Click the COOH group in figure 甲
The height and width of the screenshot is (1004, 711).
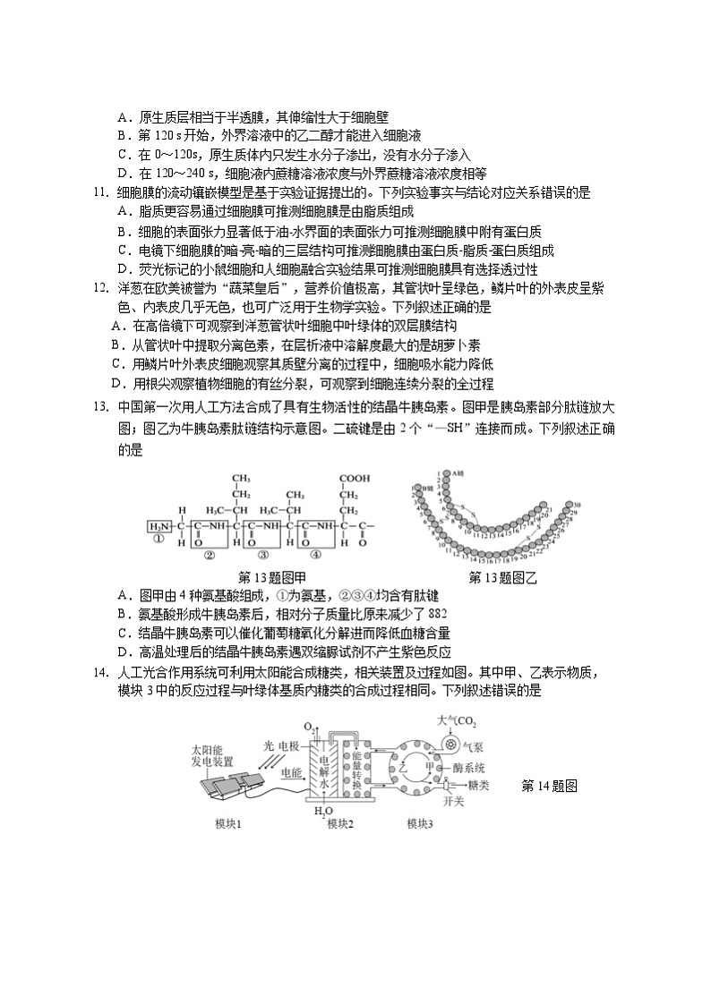pyautogui.click(x=354, y=479)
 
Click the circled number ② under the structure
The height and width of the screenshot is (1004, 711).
pyautogui.click(x=210, y=555)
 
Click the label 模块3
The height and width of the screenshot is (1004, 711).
pyautogui.click(x=421, y=823)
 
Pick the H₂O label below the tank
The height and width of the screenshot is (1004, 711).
pyautogui.click(x=318, y=813)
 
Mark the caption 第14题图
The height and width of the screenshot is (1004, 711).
pyautogui.click(x=547, y=786)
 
